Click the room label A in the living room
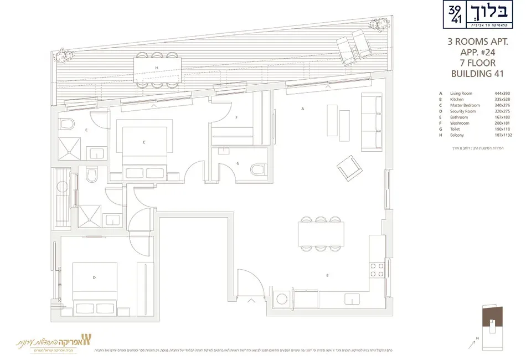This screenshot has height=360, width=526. (303, 110)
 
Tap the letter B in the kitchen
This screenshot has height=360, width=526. (327, 275)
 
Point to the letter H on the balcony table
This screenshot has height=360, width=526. (157, 68)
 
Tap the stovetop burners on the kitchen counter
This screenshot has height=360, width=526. (377, 270)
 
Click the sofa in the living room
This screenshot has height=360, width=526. (372, 122)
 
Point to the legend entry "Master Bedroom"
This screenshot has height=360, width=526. (465, 105)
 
